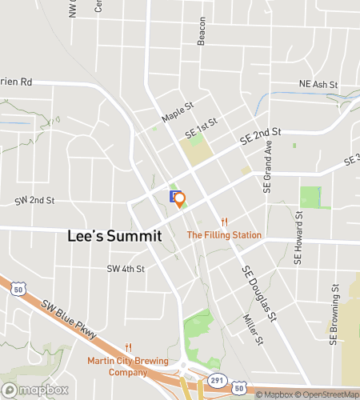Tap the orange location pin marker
tap(180, 199)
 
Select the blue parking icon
tap(174, 196)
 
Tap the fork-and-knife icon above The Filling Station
tap(226, 222)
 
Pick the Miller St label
tap(252, 329)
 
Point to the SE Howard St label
tap(298, 238)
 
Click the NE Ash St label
tap(318, 83)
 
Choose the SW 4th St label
tap(126, 270)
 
